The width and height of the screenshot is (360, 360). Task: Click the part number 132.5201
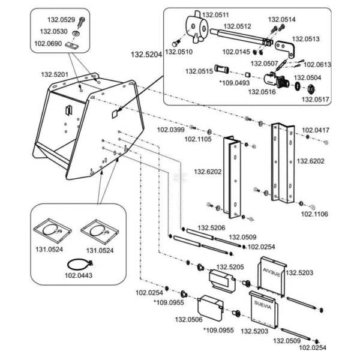[55, 74]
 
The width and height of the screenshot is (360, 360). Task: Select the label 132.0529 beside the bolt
[61, 20]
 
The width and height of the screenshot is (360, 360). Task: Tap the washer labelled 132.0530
[76, 34]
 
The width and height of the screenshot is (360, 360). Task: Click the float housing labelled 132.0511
[196, 27]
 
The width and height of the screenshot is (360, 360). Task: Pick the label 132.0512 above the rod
[238, 26]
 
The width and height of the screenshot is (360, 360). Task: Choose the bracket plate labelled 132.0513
[285, 49]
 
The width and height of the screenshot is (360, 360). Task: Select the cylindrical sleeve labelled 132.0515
[221, 68]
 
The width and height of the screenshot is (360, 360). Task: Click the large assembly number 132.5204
[146, 55]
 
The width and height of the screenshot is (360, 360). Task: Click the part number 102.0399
[170, 130]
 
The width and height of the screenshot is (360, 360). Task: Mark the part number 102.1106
[314, 214]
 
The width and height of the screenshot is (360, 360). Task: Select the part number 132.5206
[211, 228]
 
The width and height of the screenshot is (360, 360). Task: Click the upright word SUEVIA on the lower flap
[263, 305]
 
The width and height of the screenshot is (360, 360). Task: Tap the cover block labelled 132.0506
[211, 308]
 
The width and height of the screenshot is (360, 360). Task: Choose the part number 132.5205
[230, 267]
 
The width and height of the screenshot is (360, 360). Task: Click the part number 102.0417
[316, 130]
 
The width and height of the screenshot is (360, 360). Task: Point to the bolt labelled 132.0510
[176, 43]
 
